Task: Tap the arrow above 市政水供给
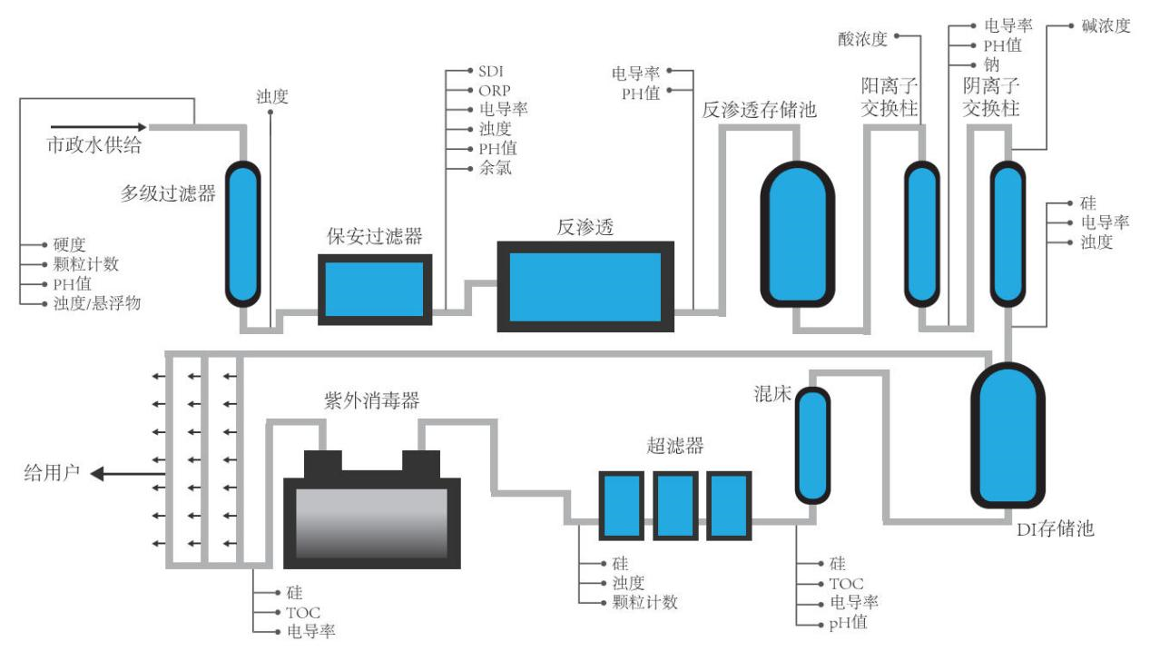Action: (x=97, y=127)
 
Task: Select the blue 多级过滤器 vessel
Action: (x=242, y=233)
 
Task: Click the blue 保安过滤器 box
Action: (x=374, y=289)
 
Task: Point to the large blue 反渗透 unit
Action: (x=585, y=286)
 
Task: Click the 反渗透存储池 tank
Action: (x=797, y=233)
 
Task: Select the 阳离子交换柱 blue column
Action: (x=921, y=233)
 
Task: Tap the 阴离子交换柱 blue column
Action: (x=1005, y=233)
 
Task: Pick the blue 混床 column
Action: (x=812, y=446)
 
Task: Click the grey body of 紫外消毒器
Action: (x=371, y=522)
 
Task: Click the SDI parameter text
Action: (x=492, y=71)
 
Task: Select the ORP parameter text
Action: (x=495, y=90)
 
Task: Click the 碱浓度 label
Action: (x=1106, y=25)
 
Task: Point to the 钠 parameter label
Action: (x=991, y=64)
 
